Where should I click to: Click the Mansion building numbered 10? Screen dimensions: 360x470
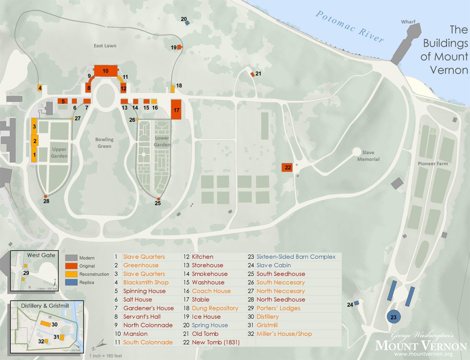tap(105, 71)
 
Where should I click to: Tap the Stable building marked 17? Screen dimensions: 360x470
tap(176, 109)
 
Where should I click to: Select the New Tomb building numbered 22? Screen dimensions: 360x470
tap(288, 167)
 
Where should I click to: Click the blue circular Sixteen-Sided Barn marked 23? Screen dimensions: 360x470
tap(393, 317)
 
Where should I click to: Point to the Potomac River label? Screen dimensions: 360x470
tap(350, 27)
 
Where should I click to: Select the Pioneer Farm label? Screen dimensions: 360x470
tap(433, 164)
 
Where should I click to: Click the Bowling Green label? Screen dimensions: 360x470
tap(104, 143)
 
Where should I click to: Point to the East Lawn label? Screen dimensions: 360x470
tap(105, 46)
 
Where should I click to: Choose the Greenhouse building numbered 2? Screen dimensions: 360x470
tap(34, 141)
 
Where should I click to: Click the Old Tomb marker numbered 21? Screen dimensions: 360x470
tap(253, 74)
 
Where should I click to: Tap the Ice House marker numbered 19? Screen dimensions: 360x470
tap(179, 47)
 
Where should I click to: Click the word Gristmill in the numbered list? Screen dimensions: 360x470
tap(267, 325)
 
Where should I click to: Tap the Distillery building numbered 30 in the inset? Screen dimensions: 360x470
tap(45, 324)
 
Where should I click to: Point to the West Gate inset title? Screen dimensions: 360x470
tap(41, 255)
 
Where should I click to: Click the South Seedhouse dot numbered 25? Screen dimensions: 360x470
tap(158, 198)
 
